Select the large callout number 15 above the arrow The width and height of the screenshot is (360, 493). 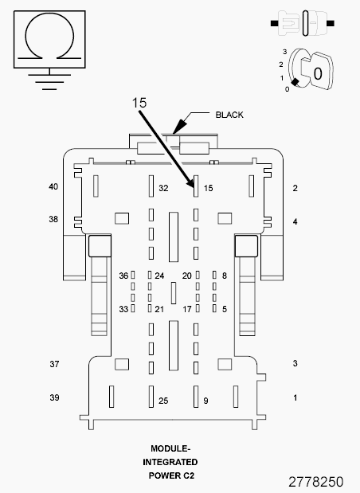point(140,104)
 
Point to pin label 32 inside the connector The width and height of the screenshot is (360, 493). point(163,189)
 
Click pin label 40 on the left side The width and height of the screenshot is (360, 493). point(54,187)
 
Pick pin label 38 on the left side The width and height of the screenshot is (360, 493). point(54,219)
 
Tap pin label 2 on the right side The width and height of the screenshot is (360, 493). point(295,189)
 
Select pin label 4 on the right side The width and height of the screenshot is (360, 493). point(295,221)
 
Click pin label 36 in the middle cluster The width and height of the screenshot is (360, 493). point(123,276)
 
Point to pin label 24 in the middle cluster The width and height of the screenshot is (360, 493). point(159,276)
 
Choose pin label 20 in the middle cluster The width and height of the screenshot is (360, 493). point(187,276)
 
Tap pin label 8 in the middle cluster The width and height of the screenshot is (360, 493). point(225,276)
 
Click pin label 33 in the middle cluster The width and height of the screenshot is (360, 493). point(123,309)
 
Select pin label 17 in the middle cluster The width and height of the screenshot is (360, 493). point(187,309)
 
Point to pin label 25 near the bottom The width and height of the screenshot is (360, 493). point(163,401)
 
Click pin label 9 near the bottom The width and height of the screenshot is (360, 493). point(205,401)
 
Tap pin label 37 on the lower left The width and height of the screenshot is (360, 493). point(54,364)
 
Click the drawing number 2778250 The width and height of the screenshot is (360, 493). point(315,483)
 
